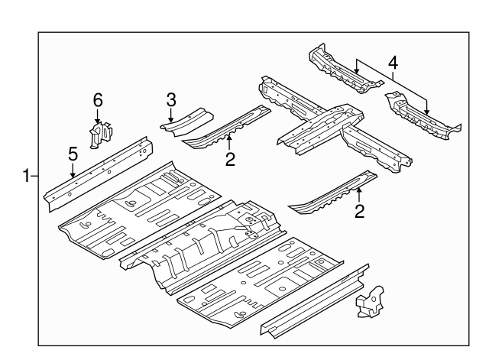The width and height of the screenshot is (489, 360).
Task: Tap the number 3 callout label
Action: (x=172, y=99)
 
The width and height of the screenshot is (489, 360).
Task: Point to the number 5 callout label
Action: (x=73, y=154)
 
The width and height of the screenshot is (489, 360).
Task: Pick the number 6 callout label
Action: (x=97, y=99)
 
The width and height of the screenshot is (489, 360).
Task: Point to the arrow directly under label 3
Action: (x=172, y=115)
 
